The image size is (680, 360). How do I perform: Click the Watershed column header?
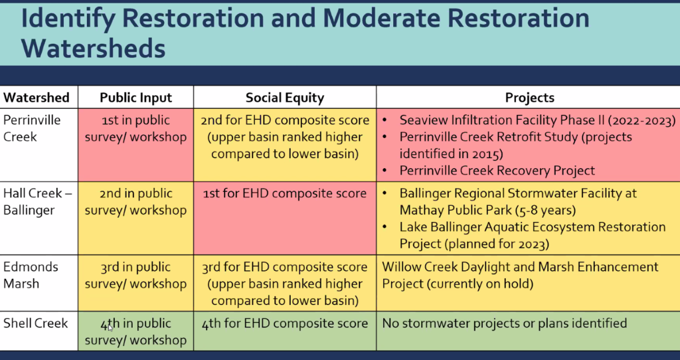37,98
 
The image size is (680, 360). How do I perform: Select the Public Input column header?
135,98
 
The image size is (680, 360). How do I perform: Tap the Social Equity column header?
285,98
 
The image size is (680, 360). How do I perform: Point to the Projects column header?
529,98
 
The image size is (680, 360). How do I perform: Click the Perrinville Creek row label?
32,128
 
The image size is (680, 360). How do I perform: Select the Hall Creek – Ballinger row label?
38,202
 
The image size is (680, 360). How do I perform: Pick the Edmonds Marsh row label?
31,275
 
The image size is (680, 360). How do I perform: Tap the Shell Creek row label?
36,323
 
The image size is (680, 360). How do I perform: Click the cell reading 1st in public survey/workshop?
135,128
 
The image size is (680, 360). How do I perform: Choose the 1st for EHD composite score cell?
285,193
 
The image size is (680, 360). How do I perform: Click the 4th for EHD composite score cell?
285,323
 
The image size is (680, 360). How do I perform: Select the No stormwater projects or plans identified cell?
505,323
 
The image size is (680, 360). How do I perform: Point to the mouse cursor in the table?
110,327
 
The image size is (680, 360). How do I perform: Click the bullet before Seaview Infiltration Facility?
385,121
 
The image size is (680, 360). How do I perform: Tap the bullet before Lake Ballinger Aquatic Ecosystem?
385,227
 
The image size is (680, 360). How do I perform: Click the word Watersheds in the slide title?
93,48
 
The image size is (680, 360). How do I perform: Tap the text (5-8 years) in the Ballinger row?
546,211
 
